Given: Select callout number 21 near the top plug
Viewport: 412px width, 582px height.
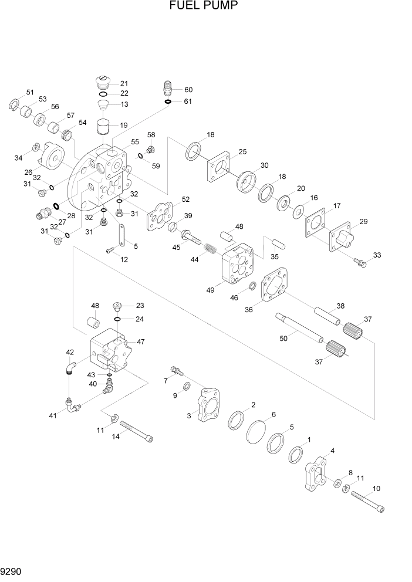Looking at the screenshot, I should [124, 83].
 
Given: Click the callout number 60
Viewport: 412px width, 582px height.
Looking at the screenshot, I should [188, 90].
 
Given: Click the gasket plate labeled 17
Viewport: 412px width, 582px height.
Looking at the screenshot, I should [318, 224].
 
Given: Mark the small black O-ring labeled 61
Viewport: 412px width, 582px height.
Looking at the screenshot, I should [168, 101].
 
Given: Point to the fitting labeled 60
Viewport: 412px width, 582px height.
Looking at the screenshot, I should [167, 90].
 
